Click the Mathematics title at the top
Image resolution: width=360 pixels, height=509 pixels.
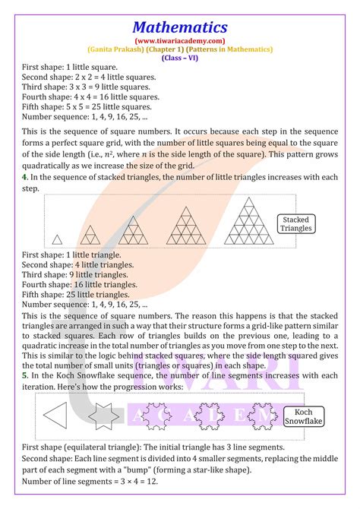(180, 27)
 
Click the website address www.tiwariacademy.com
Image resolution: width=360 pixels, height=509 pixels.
(180, 41)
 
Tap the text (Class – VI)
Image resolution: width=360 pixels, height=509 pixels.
(179, 58)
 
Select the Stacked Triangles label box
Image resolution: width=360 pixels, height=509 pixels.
(296, 224)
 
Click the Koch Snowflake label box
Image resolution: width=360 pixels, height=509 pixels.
(304, 416)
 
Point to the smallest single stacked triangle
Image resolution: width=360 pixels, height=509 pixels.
(57, 239)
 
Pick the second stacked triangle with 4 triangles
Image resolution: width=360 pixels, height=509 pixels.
(90, 235)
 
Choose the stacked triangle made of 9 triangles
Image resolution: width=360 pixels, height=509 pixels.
(133, 230)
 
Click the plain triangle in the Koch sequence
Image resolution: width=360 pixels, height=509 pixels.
(55, 416)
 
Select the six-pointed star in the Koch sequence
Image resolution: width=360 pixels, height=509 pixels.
(103, 416)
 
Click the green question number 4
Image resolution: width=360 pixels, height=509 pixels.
(24, 177)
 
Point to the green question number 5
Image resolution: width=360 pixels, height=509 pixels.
(24, 375)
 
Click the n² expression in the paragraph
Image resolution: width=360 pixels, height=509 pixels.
(108, 154)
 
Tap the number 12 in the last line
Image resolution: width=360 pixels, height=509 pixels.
(151, 481)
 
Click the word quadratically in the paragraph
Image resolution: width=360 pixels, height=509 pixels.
(46, 166)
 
